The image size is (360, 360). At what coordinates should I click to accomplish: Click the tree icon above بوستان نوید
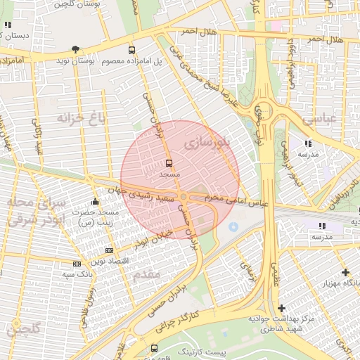click(x=75, y=49)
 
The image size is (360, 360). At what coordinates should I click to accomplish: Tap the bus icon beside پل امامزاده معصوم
click(x=131, y=50)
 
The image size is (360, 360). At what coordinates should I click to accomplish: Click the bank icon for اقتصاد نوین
click(x=109, y=250)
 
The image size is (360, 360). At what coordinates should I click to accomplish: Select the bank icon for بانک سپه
click(x=77, y=263)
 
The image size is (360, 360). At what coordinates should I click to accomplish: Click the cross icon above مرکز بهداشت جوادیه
click(x=281, y=308)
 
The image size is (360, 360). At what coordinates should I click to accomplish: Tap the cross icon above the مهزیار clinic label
click(x=345, y=272)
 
